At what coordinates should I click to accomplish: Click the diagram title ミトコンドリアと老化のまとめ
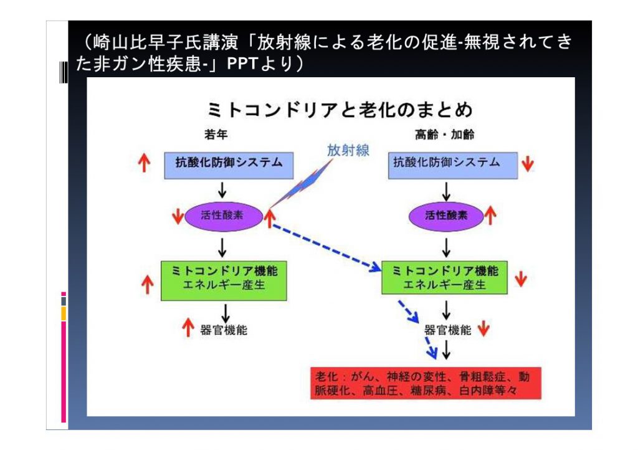point(340,110)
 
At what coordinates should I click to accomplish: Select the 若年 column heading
point(216,135)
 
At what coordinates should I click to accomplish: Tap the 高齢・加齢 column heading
point(444,135)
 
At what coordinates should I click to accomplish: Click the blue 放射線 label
point(348,151)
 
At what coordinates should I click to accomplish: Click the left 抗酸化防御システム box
point(229,166)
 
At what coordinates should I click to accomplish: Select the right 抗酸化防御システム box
point(453,166)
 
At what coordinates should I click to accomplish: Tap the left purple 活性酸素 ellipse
point(224,216)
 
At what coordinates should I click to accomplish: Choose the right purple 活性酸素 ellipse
point(446,216)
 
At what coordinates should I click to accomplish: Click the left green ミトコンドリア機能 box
point(224,280)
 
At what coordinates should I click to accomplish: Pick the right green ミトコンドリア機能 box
point(444,277)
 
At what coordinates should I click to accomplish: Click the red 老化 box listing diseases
point(426,383)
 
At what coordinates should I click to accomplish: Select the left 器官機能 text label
point(224,330)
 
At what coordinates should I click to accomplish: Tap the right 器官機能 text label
point(447,330)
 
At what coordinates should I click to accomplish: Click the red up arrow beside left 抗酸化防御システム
point(144,163)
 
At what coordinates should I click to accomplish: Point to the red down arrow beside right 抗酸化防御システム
point(528,163)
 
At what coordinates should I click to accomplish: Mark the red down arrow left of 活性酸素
point(178,216)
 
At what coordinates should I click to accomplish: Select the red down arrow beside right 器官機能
point(483,328)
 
